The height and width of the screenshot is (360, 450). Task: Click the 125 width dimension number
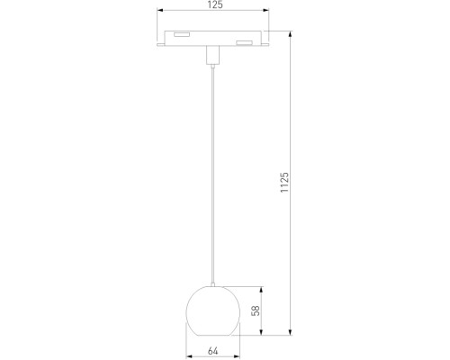click(x=213, y=7)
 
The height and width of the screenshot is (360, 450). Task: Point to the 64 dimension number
click(x=213, y=351)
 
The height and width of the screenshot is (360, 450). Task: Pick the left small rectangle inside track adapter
click(x=182, y=35)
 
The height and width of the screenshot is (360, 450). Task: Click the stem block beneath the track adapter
click(x=214, y=57)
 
